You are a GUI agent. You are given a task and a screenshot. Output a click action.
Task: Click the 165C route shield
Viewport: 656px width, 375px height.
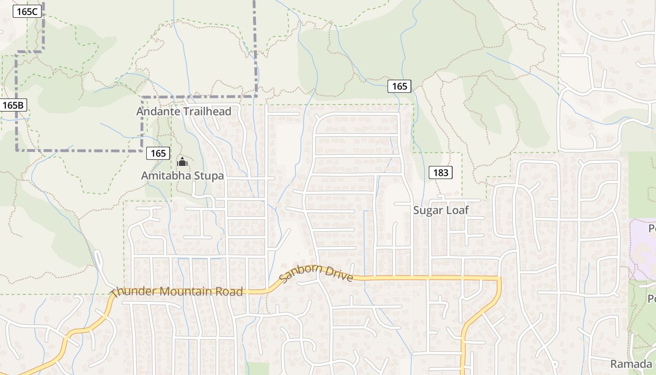tap(28, 11)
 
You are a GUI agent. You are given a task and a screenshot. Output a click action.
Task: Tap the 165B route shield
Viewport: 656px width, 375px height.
tap(13, 105)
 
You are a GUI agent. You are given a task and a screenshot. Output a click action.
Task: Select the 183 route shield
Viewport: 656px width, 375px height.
tap(440, 172)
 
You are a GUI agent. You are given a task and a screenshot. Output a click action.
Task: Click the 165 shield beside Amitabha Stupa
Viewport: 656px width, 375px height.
tap(158, 153)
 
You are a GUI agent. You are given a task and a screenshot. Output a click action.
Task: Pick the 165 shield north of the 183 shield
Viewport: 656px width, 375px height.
tap(399, 86)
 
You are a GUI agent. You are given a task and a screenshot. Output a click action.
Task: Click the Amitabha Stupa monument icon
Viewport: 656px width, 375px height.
tap(182, 163)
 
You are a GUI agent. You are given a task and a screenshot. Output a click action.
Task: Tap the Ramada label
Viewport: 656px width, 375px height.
tap(631, 364)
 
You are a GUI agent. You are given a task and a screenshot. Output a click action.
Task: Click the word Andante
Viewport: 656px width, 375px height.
tap(157, 112)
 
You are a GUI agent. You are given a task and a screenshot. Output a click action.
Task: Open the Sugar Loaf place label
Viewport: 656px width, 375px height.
tap(440, 210)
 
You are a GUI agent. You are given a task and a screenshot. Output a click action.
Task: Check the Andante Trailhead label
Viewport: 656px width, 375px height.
tap(184, 112)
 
